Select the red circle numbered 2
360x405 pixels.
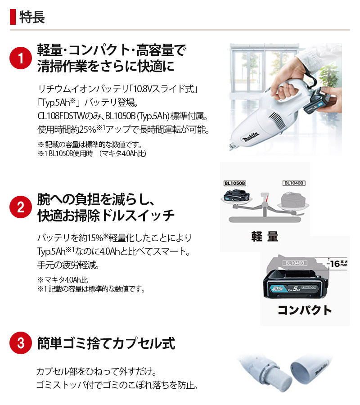click(21, 207)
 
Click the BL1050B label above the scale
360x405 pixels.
click(234, 183)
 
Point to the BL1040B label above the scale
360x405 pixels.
click(294, 183)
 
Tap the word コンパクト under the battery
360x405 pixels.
click(305, 310)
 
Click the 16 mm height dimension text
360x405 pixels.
click(339, 264)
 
